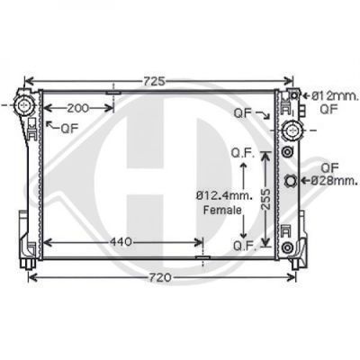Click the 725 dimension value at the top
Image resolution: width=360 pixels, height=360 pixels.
coord(154,81)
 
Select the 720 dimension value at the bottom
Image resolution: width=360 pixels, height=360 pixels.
coord(160,277)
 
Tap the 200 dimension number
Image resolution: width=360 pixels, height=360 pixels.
coord(78,108)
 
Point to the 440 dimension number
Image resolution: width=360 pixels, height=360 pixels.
coord(121,242)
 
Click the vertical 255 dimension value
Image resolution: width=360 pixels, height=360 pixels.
coord(265,199)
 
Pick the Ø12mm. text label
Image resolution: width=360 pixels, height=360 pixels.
coord(335,96)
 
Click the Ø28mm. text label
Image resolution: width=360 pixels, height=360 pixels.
coord(334,181)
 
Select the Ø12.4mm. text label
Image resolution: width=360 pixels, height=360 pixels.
coord(224,196)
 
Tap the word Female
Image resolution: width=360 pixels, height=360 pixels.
coord(222,210)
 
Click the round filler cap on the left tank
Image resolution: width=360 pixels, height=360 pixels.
coord(23,105)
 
